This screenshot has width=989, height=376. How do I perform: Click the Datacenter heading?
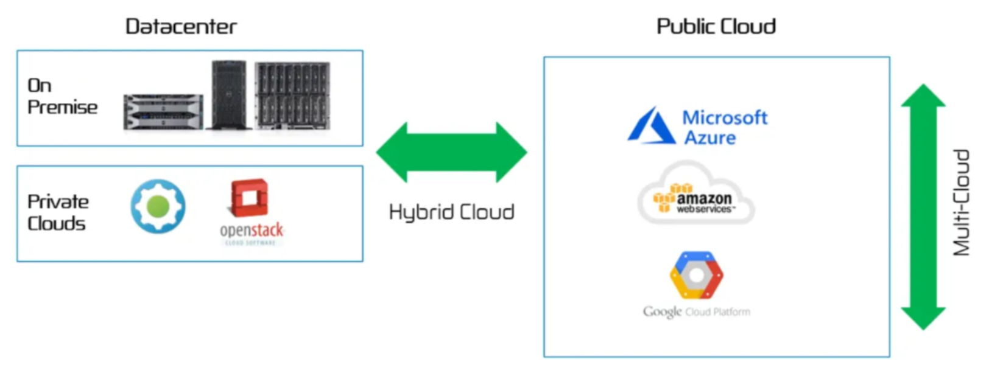click(181, 27)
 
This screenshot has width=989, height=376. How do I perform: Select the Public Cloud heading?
click(716, 27)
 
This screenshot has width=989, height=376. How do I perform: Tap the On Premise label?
click(62, 97)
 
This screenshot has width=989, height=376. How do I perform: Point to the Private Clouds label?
click(58, 212)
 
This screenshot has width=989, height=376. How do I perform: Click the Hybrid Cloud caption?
click(451, 212)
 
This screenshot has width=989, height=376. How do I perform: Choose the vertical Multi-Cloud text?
click(961, 203)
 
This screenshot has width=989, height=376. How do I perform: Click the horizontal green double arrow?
click(451, 152)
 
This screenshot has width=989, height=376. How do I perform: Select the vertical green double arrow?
click(923, 207)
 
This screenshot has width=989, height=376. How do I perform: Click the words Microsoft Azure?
click(724, 127)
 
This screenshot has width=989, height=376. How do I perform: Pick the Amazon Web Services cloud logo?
click(696, 193)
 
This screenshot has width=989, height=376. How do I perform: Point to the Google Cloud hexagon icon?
click(696, 275)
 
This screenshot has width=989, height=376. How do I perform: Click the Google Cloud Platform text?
click(696, 312)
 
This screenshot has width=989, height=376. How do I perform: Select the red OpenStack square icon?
click(249, 198)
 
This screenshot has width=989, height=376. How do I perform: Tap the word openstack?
click(252, 231)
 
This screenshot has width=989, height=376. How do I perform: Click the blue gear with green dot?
click(158, 206)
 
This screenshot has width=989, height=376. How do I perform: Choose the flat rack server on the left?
click(163, 112)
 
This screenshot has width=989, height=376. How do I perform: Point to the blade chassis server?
click(292, 96)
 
